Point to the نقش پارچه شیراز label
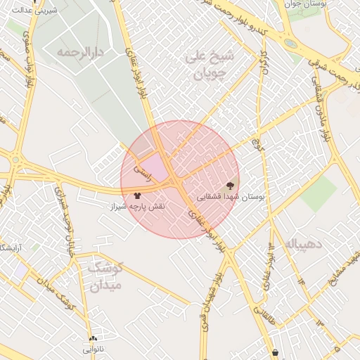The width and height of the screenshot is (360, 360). pyautogui.click(x=137, y=207)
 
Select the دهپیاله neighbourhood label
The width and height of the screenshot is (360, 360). pyautogui.click(x=304, y=244)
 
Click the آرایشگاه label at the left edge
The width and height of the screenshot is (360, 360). pyautogui.click(x=8, y=248)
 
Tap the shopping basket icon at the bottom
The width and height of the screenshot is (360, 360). pyautogui.click(x=276, y=352)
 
